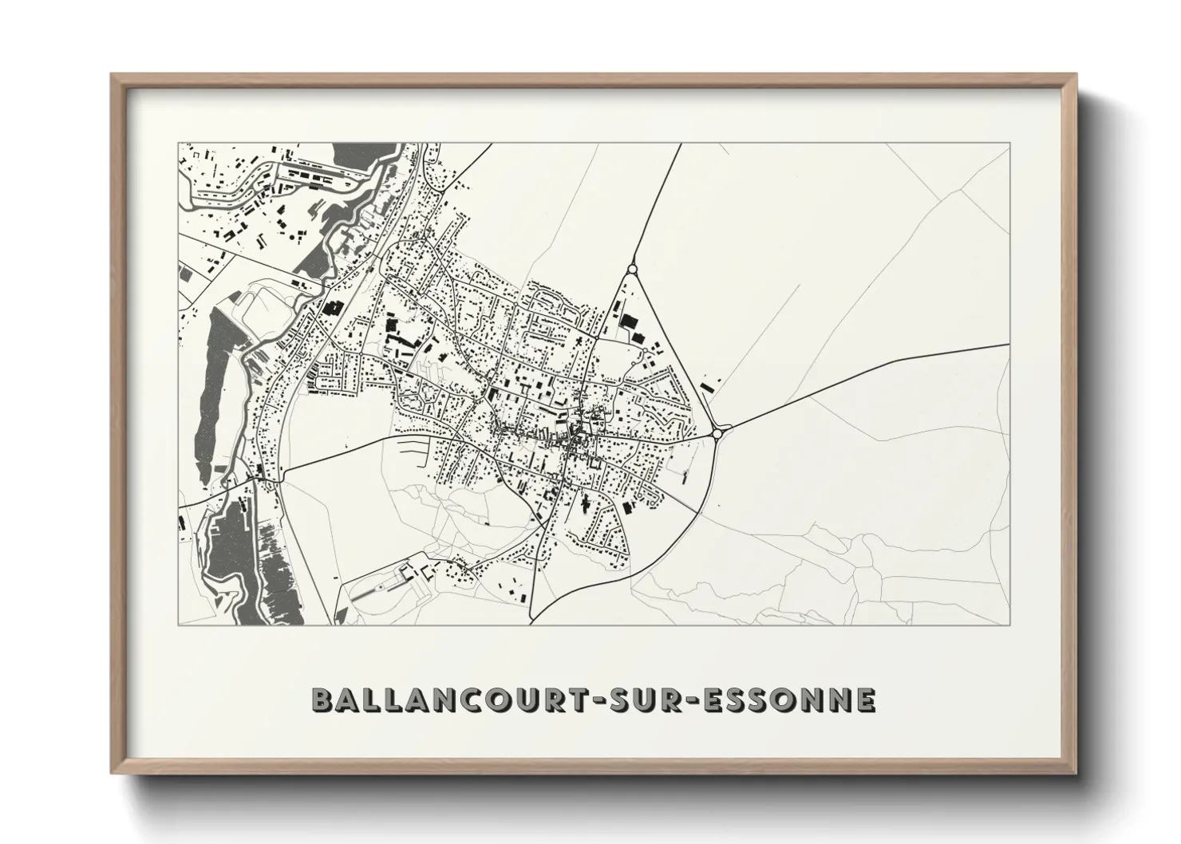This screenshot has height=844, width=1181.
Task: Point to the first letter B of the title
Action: coord(322,700)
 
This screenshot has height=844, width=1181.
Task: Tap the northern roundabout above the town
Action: coord(632,270)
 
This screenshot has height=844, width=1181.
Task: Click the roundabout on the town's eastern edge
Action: coord(718,433)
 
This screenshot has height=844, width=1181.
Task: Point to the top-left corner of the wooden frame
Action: coord(112,75)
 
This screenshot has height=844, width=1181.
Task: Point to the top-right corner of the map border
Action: coord(1009,144)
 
